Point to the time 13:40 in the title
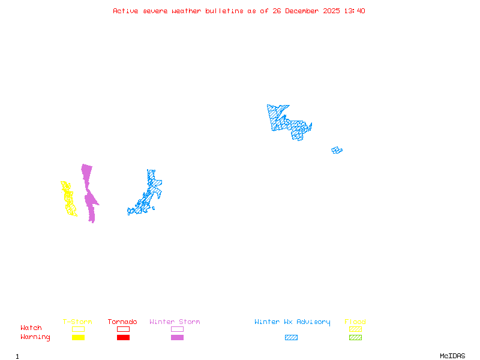(x=354, y=11)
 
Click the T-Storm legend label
(x=77, y=322)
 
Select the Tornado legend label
(x=122, y=322)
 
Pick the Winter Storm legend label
(x=175, y=322)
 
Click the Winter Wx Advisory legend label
(x=292, y=322)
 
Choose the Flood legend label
(x=355, y=322)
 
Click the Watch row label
(x=31, y=328)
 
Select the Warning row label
(x=35, y=337)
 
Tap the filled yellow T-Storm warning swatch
(x=78, y=337)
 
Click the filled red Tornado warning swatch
(x=123, y=337)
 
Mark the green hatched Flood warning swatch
(x=355, y=337)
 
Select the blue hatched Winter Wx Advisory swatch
(x=291, y=337)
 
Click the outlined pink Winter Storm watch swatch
(x=177, y=329)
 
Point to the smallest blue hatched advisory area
(x=337, y=150)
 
